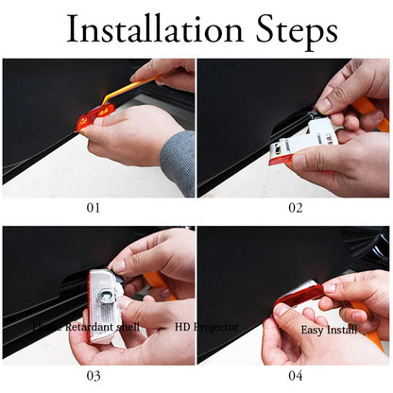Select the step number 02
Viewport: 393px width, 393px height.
tap(296, 206)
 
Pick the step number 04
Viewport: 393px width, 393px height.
tap(296, 375)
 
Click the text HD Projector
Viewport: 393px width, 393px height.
tap(206, 327)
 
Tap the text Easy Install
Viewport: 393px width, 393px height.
tap(329, 330)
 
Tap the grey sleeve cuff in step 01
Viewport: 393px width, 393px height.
tap(179, 161)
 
